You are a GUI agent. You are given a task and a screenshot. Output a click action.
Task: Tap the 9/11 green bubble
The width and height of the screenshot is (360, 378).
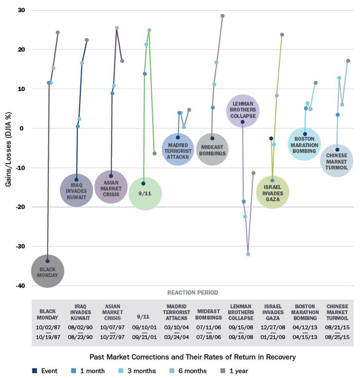pos(145,193)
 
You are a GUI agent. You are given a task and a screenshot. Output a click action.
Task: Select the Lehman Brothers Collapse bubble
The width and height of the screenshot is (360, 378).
pos(243,110)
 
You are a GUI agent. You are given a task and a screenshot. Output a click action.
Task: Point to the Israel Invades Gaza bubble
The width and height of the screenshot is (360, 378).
pos(273,192)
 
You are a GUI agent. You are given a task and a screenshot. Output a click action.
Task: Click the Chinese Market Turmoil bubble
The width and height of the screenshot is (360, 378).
pos(337,157)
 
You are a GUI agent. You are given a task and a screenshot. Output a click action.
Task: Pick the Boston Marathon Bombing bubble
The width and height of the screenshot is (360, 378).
pos(305,143)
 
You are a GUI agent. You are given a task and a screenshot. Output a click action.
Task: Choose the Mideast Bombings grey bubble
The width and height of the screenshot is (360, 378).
pos(212,149)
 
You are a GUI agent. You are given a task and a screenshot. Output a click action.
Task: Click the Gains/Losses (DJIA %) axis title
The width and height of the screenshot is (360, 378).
pos(8,148)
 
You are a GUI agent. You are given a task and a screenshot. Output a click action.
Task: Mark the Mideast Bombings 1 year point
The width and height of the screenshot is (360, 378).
pos(223,16)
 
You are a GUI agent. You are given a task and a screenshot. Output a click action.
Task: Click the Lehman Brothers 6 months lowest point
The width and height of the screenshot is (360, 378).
pos(248,254)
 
